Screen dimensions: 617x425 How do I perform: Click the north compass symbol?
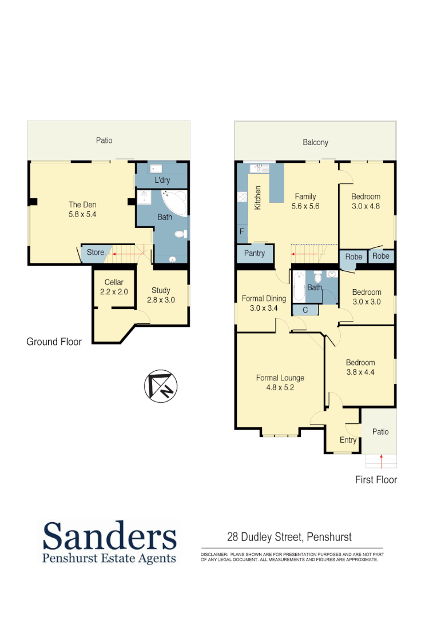[161, 386]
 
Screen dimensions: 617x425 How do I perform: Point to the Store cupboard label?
[96, 252]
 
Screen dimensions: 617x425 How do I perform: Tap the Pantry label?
[254, 253]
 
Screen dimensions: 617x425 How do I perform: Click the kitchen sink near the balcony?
[259, 168]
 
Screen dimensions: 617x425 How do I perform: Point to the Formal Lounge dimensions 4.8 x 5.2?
[280, 387]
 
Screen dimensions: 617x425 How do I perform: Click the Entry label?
[348, 440]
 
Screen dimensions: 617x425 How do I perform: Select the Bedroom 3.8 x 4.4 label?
[360, 367]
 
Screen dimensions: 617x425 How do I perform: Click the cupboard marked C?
[305, 310]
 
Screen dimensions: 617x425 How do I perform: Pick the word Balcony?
[315, 142]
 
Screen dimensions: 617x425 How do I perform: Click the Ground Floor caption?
[54, 342]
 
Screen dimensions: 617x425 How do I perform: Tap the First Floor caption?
[376, 479]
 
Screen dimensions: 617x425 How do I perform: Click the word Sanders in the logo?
[109, 536]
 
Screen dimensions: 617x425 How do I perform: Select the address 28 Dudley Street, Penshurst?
[289, 537]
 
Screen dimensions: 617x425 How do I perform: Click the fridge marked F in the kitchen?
[241, 233]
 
